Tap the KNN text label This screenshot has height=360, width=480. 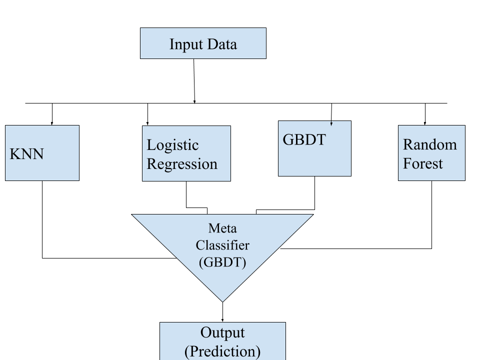click(x=27, y=154)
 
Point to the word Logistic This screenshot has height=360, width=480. click(x=172, y=145)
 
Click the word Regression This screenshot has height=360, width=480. click(x=182, y=164)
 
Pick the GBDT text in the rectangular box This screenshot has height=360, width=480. click(x=304, y=140)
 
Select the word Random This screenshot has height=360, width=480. click(x=429, y=144)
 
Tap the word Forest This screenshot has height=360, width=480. click(x=423, y=163)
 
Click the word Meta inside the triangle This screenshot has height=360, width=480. click(x=222, y=228)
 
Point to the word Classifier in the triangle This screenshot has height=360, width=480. click(x=222, y=245)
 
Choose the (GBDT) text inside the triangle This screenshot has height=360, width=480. click(x=222, y=262)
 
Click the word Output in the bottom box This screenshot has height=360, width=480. click(x=222, y=332)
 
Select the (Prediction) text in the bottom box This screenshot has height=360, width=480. click(x=222, y=351)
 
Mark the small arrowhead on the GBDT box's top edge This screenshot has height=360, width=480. click(x=331, y=123)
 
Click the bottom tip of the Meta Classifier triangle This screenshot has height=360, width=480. click(x=222, y=300)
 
